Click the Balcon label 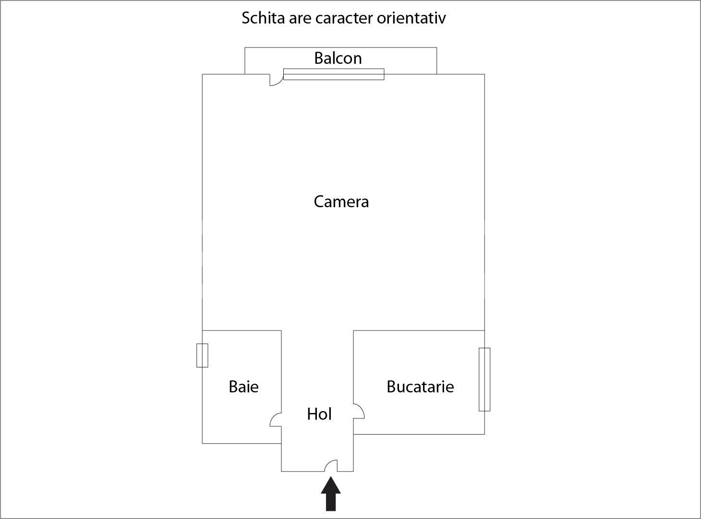coord(338,58)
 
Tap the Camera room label coord(341,201)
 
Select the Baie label coord(243,387)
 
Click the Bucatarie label coord(420,387)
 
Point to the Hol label coord(319,414)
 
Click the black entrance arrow coord(331,494)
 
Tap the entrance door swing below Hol coord(331,466)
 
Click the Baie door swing coord(276,420)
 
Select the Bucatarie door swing coord(359,411)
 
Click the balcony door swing coord(275,80)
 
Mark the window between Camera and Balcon coord(334,74)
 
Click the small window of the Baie coord(202,355)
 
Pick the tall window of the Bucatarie coord(484,379)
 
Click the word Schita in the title coord(259,18)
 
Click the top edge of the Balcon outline coord(341,47)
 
